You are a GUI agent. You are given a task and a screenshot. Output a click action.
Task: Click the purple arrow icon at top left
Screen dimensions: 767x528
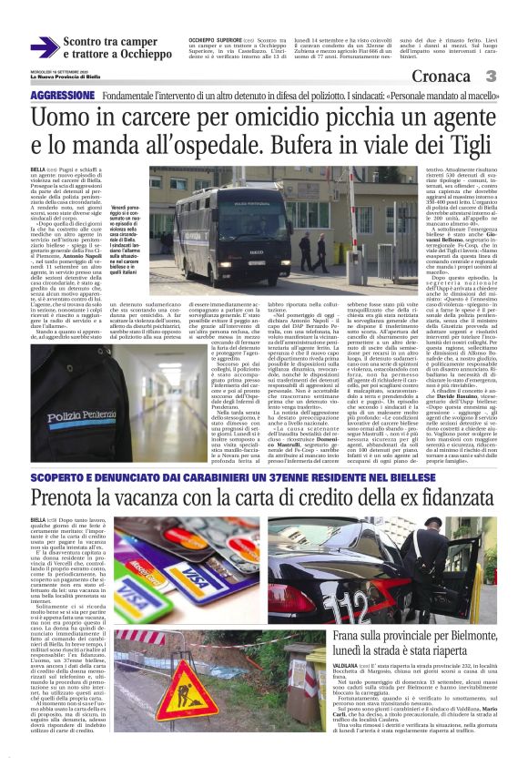point(45,46)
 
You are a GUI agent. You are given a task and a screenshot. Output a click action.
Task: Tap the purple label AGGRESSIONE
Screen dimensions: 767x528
point(63,95)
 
